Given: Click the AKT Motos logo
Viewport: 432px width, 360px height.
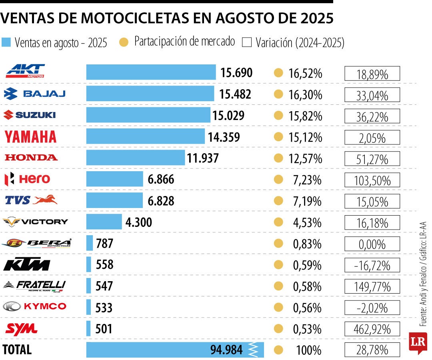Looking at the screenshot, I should [x=25, y=71].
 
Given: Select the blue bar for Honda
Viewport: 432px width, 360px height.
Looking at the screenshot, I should [x=136, y=158].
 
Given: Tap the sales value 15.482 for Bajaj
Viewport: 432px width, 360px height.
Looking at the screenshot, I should [x=235, y=94].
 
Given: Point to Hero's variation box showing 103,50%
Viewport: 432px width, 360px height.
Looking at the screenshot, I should [x=372, y=180].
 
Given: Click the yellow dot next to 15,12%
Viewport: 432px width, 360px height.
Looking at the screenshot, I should [x=278, y=137].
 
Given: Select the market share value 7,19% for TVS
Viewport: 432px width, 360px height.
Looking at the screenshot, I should [x=307, y=201].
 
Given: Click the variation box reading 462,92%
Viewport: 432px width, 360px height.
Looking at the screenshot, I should [x=372, y=329].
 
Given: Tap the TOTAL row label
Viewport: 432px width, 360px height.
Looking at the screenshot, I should [x=17, y=350].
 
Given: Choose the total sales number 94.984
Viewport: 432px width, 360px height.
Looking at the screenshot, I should [x=226, y=350].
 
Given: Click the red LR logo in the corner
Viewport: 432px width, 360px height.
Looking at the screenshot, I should [x=418, y=342].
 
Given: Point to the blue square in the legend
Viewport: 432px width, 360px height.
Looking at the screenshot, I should [x=6, y=42].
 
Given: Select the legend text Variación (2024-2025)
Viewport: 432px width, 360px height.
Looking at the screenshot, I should [x=300, y=42].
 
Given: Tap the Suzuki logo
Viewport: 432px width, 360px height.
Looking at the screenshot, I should [x=30, y=115].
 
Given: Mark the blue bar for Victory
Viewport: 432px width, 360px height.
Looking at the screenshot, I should [x=104, y=222].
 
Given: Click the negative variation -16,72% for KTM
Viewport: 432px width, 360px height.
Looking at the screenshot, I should [x=372, y=265].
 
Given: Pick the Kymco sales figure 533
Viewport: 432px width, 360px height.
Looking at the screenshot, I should [x=104, y=308].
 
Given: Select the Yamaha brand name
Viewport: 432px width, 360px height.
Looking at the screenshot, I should [x=30, y=137].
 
